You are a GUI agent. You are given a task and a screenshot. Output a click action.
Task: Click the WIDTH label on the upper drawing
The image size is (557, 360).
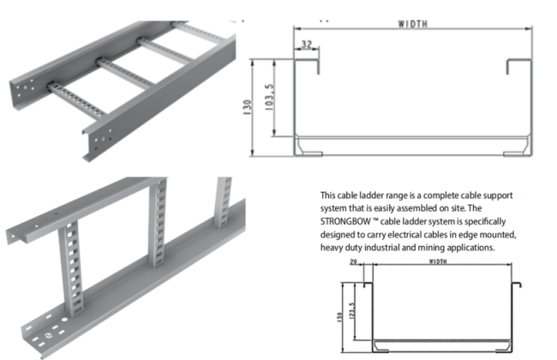point(414,26)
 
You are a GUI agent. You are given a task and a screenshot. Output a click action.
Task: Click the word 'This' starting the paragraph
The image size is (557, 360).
point(329,195)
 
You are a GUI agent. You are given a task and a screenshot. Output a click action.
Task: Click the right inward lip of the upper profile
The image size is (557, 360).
point(518,65)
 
